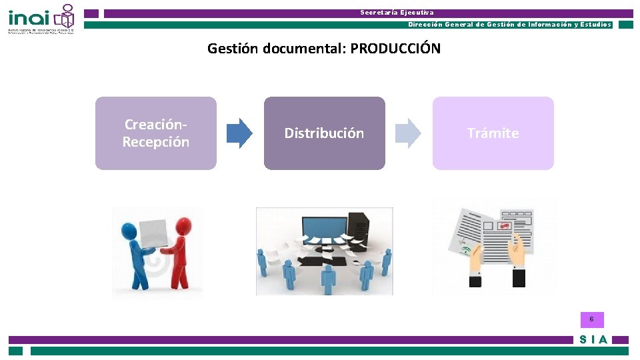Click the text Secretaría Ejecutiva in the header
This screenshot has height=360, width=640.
[397, 13]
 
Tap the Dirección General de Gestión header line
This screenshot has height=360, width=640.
[509, 25]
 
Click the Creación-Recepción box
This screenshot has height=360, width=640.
[156, 133]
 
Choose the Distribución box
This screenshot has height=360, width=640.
[324, 133]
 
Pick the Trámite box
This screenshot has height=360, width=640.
[493, 133]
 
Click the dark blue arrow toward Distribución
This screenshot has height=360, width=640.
[239, 133]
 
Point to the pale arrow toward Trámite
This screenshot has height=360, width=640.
[408, 133]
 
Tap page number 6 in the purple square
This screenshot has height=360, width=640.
[591, 319]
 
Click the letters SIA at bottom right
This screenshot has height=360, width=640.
[593, 339]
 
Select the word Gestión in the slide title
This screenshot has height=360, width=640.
[233, 49]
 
